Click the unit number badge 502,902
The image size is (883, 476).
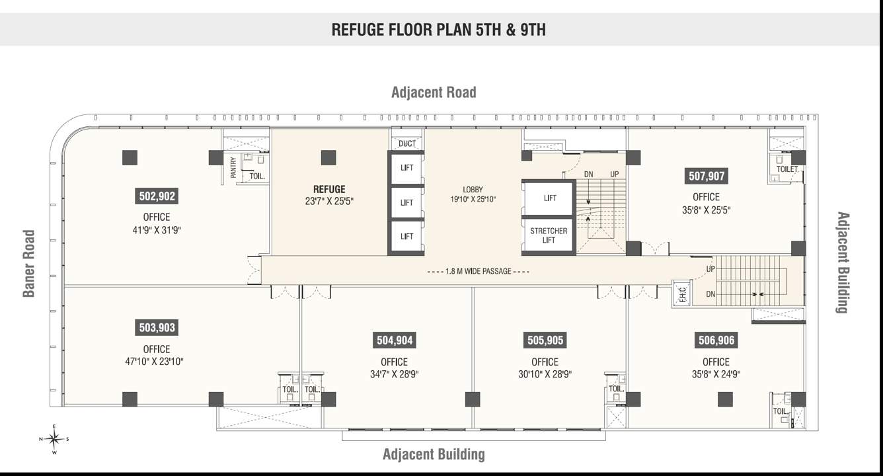pyautogui.click(x=157, y=196)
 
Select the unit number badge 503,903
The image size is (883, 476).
pyautogui.click(x=157, y=328)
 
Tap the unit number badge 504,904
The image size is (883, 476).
pyautogui.click(x=395, y=340)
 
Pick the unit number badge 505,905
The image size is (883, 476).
pyautogui.click(x=545, y=340)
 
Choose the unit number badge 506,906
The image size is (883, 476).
pyautogui.click(x=716, y=340)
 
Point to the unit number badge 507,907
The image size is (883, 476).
pyautogui.click(x=707, y=177)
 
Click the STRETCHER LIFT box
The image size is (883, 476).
pyautogui.click(x=549, y=236)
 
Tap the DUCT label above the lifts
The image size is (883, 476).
pyautogui.click(x=407, y=143)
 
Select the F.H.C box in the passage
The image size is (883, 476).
pyautogui.click(x=682, y=294)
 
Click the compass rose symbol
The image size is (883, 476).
pyautogui.click(x=55, y=439)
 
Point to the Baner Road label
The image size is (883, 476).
pyautogui.click(x=28, y=263)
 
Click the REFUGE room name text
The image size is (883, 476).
pyautogui.click(x=329, y=190)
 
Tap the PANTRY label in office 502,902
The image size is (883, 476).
pyautogui.click(x=233, y=167)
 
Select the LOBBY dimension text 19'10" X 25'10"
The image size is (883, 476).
pyautogui.click(x=473, y=199)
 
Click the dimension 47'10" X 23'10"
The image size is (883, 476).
pyautogui.click(x=157, y=362)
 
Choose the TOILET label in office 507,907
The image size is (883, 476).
pyautogui.click(x=787, y=169)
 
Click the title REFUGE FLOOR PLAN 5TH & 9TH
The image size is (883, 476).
pyautogui.click(x=439, y=30)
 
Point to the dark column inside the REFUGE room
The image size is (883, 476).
pyautogui.click(x=328, y=157)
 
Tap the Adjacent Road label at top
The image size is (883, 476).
pyautogui.click(x=434, y=92)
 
